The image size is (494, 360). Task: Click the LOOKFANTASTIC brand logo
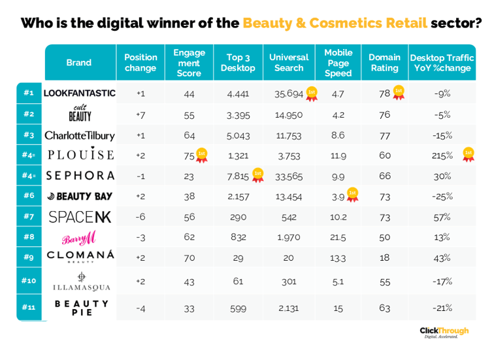tap(79, 93)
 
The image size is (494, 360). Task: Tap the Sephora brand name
tap(79, 176)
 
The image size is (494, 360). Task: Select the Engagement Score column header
tap(189, 63)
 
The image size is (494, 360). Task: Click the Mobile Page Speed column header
tap(338, 63)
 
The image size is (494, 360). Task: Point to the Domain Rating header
tap(384, 63)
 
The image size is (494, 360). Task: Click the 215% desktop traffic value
tap(442, 155)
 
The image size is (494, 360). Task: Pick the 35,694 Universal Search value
tap(288, 93)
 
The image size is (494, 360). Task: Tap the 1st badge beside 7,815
tap(257, 174)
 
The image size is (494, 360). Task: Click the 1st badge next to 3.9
tap(353, 195)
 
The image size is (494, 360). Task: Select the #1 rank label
tap(28, 93)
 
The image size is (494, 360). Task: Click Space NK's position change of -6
tap(140, 217)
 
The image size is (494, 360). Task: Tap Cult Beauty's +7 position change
tap(140, 114)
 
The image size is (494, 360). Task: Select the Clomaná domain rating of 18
tap(384, 258)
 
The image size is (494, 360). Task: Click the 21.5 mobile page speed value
tap(338, 237)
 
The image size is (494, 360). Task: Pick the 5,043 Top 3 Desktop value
tap(238, 135)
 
